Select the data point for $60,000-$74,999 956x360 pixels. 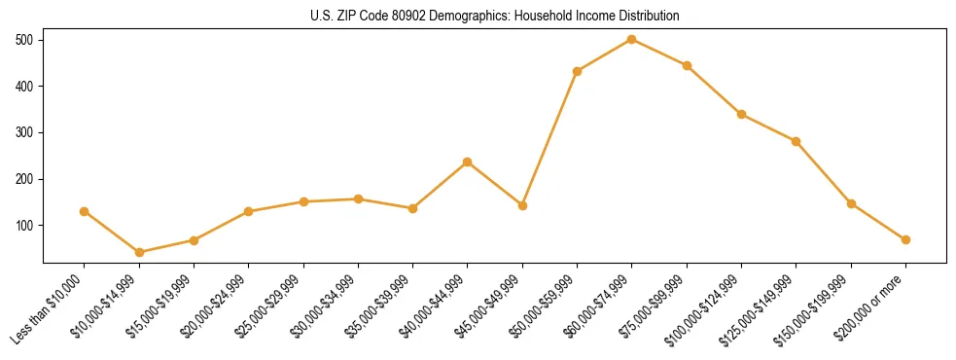pos(632,39)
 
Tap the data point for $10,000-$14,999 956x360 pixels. pos(139,252)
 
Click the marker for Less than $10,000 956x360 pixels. pos(85,211)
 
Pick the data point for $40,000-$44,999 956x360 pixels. pos(468,162)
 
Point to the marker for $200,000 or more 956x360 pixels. pos(905,239)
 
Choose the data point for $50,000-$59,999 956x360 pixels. pos(578,71)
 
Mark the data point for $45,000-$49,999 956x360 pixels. pos(522,205)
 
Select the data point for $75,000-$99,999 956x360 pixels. pos(687,65)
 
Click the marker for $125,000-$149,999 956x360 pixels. pos(797,141)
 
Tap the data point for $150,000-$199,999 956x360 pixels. pos(851,203)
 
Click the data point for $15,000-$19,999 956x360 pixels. pos(194,240)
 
